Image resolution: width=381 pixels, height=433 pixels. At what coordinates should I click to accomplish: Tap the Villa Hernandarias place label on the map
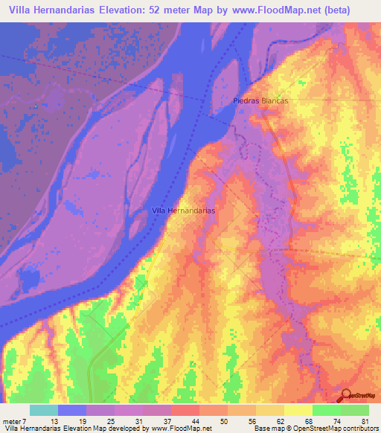(x=183, y=211)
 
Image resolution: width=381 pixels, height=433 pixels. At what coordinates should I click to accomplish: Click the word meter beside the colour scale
(x=13, y=421)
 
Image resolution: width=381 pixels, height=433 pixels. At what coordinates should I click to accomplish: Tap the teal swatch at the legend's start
(x=44, y=410)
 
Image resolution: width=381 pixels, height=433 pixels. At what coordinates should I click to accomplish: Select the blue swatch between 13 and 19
(x=72, y=410)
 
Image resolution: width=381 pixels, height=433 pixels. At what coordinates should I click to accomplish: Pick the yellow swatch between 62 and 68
(x=298, y=410)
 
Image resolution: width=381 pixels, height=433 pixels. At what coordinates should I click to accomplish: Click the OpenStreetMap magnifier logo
(x=347, y=394)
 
